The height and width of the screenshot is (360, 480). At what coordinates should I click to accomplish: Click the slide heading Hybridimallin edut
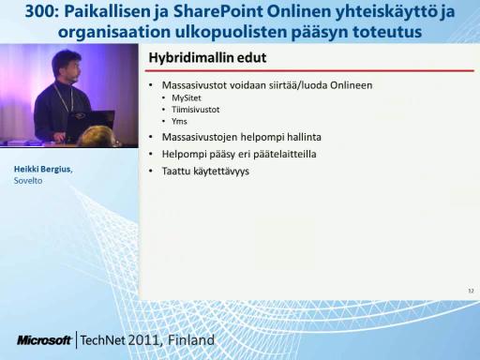(x=207, y=58)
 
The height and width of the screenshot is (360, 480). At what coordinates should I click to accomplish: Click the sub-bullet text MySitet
(x=187, y=98)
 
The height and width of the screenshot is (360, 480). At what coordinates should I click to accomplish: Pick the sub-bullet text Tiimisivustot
(x=196, y=110)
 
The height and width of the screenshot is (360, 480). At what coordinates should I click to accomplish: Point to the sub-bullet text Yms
(x=179, y=121)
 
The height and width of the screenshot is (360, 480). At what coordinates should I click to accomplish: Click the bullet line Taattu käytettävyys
(x=205, y=172)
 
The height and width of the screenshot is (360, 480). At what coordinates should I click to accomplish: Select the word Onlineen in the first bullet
(x=352, y=85)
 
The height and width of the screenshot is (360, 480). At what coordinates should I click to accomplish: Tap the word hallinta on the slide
(x=304, y=137)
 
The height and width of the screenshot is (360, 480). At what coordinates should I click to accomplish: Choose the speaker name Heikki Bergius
(x=43, y=169)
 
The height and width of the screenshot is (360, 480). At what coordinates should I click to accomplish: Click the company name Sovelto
(x=28, y=181)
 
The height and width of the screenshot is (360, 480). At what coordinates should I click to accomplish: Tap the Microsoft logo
(x=44, y=340)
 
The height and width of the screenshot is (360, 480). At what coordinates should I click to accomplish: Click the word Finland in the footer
(x=191, y=339)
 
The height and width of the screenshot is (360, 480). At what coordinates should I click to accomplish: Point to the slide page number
(x=471, y=291)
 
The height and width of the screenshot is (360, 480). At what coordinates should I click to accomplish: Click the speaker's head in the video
(x=67, y=67)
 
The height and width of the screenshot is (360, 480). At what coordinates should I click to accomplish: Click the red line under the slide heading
(x=309, y=71)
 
